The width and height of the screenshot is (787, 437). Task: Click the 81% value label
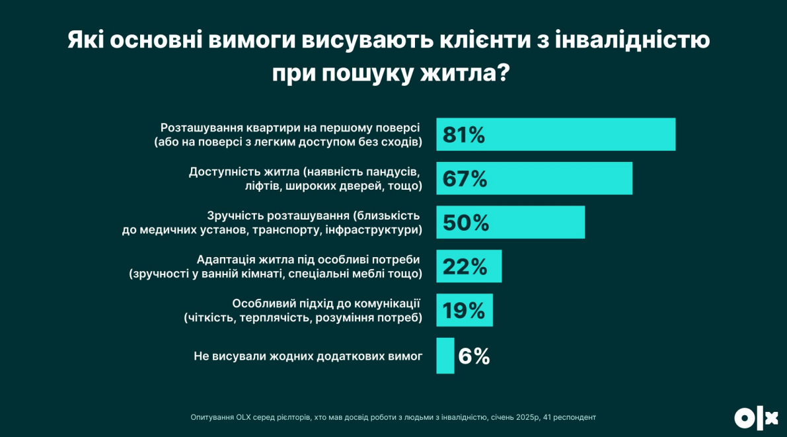point(464,135)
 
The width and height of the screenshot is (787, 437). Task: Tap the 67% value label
point(465,179)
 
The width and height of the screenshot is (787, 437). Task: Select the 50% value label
point(465,223)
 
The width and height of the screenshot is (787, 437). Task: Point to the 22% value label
point(465,266)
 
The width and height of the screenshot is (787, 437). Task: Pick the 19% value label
point(464,311)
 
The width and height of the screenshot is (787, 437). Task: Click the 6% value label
point(474,356)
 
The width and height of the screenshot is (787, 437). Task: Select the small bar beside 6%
point(445,356)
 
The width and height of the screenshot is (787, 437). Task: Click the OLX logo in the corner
point(756,418)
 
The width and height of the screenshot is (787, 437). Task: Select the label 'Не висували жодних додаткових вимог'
point(308,356)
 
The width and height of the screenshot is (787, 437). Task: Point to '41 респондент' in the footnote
point(570,417)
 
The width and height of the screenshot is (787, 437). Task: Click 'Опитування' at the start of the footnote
point(211,417)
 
